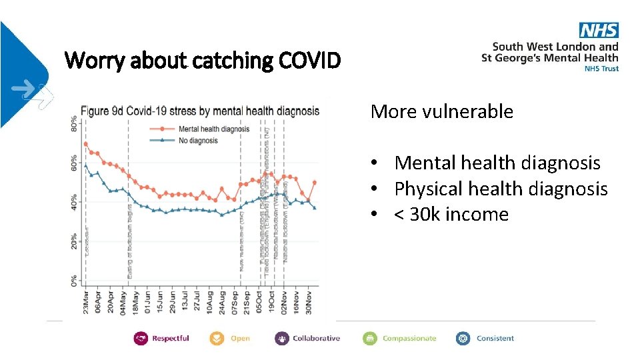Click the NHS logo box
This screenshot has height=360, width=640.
click(599, 30)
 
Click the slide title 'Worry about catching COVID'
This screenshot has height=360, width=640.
click(203, 61)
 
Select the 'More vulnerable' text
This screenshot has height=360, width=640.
click(441, 111)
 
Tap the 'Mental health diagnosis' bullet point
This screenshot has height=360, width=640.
click(497, 163)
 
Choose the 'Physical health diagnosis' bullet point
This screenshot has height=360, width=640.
click(501, 189)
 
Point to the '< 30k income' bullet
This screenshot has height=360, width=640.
click(451, 215)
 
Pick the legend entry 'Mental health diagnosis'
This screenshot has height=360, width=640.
click(213, 129)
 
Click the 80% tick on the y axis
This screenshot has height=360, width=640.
click(73, 124)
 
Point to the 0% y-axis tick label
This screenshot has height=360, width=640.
click(73, 281)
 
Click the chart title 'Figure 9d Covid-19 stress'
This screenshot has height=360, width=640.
click(200, 111)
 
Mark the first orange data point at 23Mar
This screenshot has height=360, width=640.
click(85, 144)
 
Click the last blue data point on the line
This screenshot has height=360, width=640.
click(315, 208)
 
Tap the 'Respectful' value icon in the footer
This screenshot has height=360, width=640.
click(141, 339)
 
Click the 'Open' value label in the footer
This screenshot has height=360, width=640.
click(240, 339)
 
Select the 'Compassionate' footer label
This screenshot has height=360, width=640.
click(409, 339)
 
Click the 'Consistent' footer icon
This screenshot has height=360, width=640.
click(463, 339)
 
